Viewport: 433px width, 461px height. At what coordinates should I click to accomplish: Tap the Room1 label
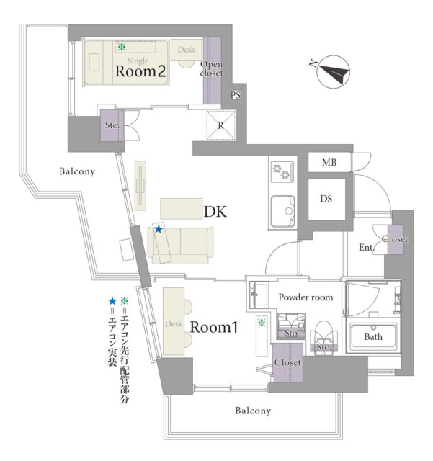pos(213,327)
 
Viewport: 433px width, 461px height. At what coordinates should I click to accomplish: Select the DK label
pos(215,212)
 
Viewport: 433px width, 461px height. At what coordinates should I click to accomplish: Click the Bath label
pos(372,336)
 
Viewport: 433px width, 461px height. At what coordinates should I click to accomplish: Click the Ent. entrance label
pos(365,249)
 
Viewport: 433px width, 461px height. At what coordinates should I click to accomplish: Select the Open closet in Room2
pos(212,68)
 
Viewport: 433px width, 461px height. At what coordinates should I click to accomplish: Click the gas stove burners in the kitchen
pos(280,172)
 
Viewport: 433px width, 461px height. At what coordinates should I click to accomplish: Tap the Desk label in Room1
pos(173,324)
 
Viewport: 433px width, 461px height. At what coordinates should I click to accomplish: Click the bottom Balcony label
pos(253,411)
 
